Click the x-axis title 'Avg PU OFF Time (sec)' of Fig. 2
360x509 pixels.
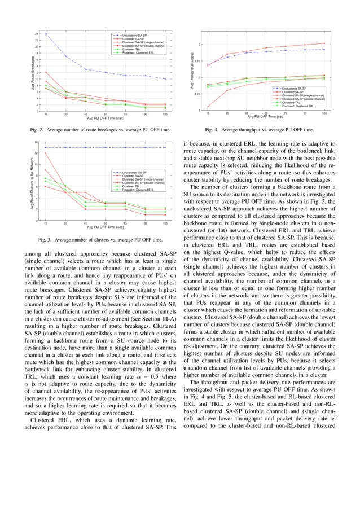pos(106,119)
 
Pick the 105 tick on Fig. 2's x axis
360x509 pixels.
pos(165,115)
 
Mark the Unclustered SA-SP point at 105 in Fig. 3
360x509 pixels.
pos(165,147)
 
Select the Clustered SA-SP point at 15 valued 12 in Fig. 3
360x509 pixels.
pos(46,153)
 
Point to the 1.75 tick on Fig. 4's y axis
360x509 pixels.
pos(200,61)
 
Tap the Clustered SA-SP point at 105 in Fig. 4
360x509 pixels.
pos(324,43)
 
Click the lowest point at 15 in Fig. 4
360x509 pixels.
pos(208,107)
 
